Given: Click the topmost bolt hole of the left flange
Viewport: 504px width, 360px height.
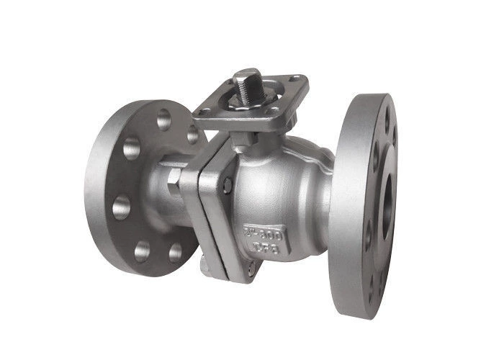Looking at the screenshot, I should pos(164,118).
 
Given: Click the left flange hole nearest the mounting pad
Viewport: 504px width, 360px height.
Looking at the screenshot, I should pos(193,135).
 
